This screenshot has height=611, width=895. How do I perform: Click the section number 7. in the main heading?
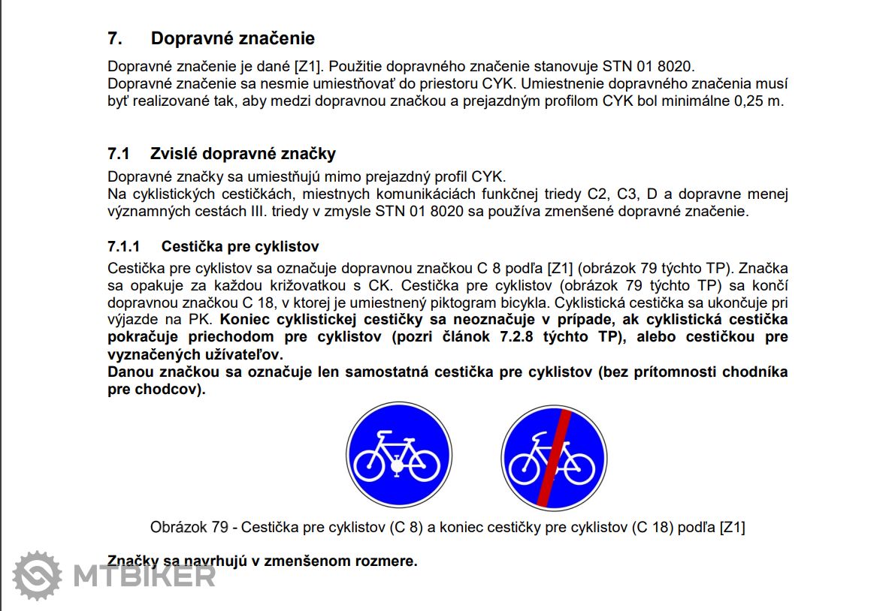115,38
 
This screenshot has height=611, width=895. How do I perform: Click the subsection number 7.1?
119,154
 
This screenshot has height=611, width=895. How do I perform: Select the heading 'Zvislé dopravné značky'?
243,154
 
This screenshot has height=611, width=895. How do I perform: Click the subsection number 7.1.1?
124,247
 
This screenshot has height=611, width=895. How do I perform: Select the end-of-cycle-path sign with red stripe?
553,456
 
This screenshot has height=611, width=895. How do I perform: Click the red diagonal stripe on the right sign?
555,456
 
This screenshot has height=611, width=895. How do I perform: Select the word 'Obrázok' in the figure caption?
177,527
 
